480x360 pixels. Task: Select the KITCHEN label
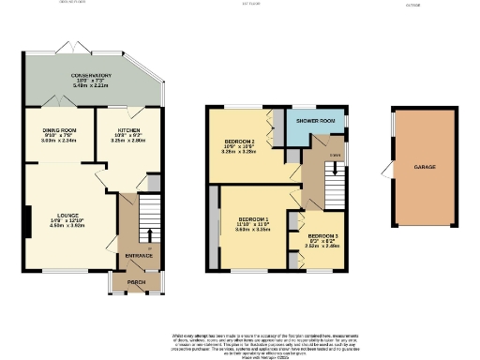coord(129,129)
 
